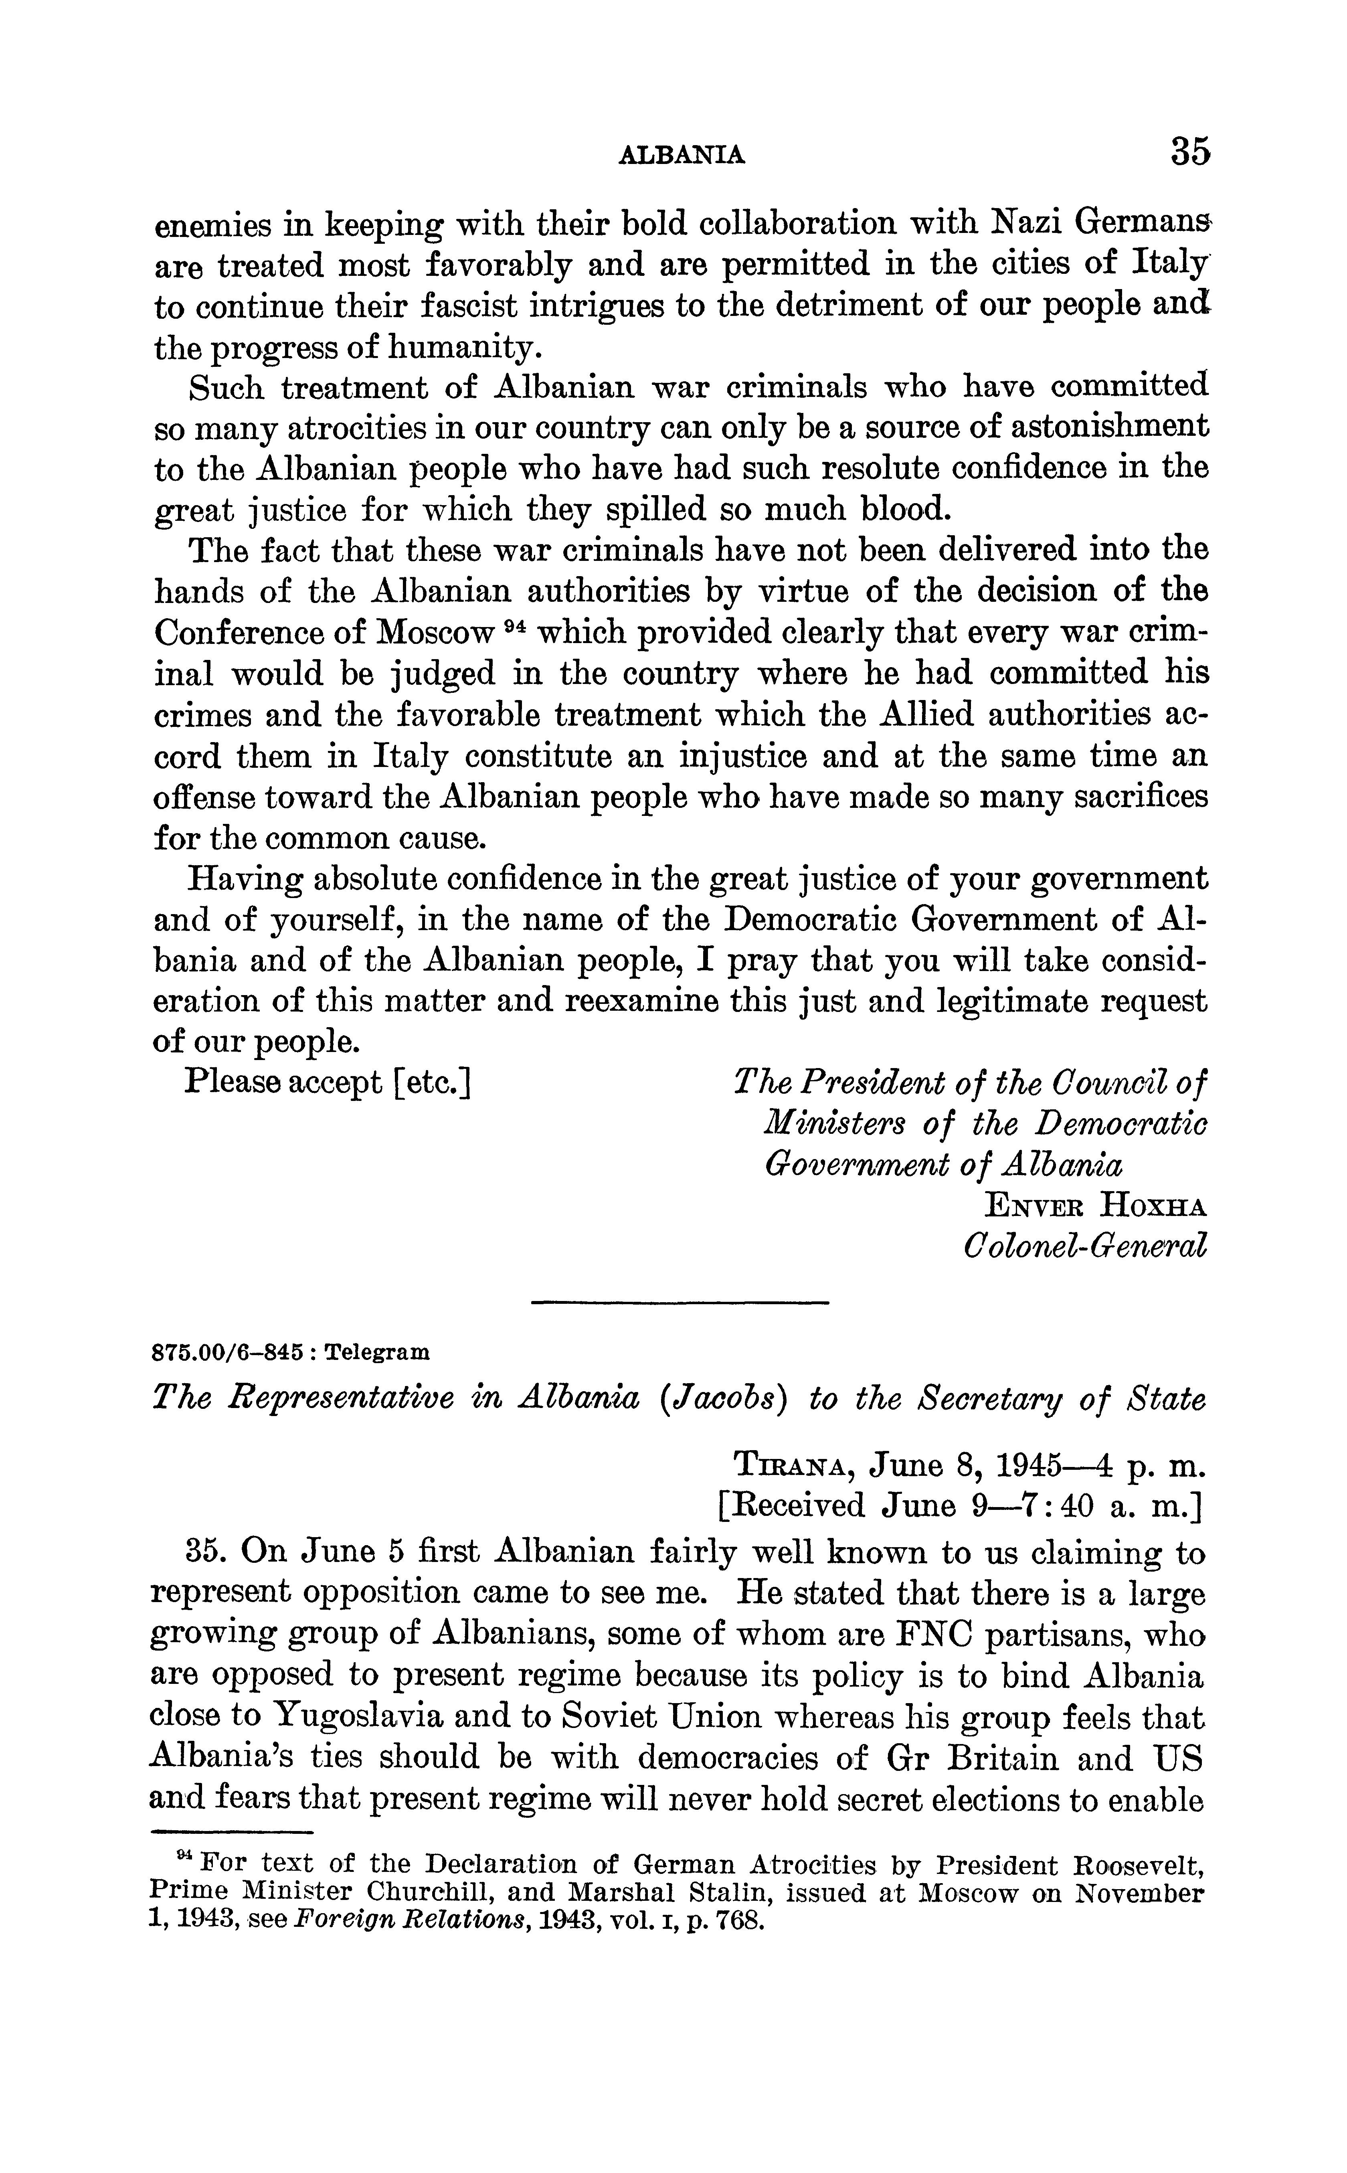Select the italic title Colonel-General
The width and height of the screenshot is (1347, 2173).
pos(1085,1246)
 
